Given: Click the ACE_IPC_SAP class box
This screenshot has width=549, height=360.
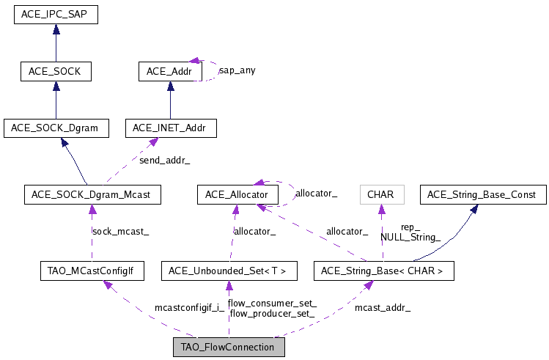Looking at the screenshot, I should (x=56, y=14).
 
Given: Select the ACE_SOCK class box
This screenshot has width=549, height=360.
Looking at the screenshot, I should (x=56, y=71).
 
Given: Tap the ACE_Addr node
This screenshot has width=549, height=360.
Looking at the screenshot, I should (x=170, y=71).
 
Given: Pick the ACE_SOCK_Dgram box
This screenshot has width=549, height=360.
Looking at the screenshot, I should (x=56, y=128).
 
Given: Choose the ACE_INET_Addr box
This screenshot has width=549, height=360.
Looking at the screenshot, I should (x=170, y=128).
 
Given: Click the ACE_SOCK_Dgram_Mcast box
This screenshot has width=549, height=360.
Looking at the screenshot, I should (x=92, y=194).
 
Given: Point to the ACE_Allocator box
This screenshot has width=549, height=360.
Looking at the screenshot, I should (x=237, y=194).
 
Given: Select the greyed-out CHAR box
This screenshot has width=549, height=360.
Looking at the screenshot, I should (x=381, y=194).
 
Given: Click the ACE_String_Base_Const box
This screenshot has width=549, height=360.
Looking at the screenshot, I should (x=483, y=194).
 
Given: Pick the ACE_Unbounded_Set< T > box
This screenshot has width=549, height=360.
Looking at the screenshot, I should (x=228, y=272).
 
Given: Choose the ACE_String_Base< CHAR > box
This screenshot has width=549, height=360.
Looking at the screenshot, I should (x=383, y=272).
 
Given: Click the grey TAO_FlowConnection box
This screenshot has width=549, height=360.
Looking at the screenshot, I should (x=228, y=347).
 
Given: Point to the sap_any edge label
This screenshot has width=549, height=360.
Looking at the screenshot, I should (x=237, y=70).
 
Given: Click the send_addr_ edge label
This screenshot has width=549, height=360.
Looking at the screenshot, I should (x=169, y=158).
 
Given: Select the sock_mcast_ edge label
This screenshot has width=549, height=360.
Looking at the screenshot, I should (x=120, y=231).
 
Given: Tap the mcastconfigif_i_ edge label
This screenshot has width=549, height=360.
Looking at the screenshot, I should (x=189, y=307).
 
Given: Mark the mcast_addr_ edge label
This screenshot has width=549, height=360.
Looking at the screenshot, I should (x=382, y=307).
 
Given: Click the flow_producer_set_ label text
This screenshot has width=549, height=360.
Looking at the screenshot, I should (x=272, y=313).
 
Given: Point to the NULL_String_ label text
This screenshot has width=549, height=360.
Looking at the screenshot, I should (x=410, y=237).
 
